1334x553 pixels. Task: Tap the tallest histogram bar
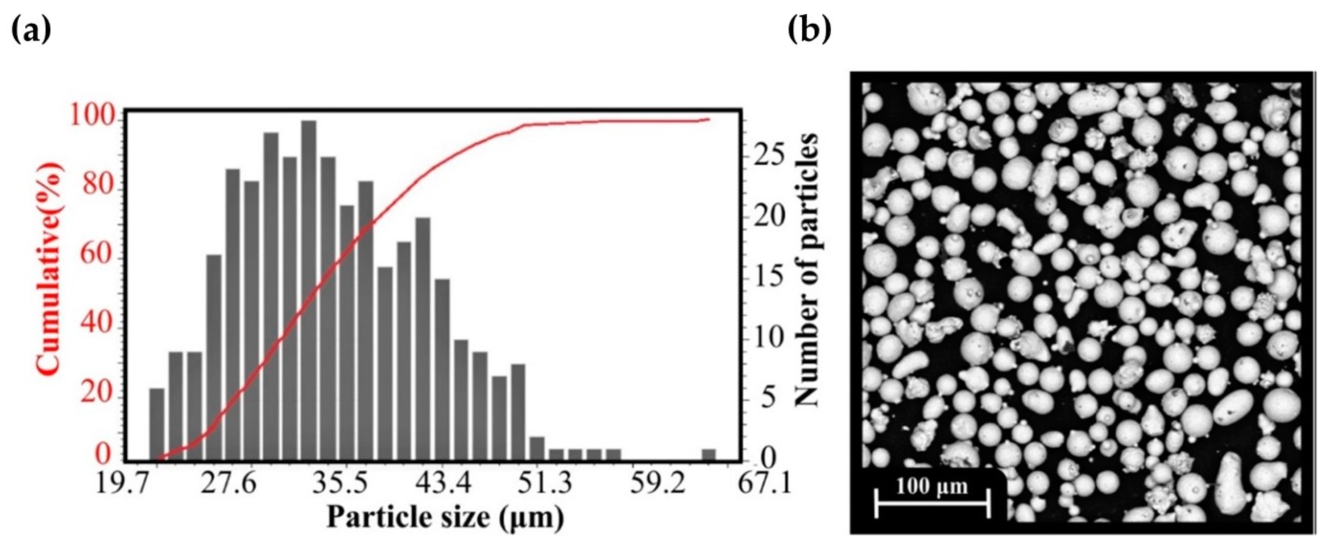pos(309,290)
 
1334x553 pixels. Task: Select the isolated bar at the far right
pos(709,454)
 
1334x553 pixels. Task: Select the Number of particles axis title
pos(806,270)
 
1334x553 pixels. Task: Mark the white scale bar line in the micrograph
pos(932,503)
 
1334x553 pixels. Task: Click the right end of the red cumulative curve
pos(708,119)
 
